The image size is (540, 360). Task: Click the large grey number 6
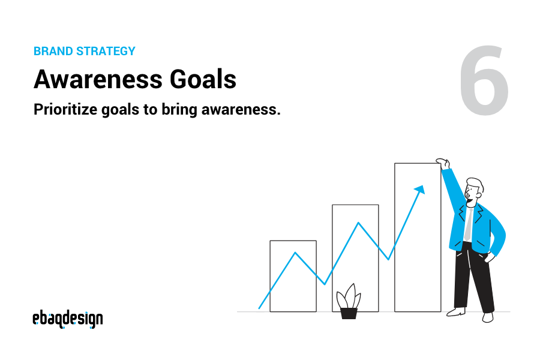485,82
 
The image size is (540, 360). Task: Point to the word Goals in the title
207,80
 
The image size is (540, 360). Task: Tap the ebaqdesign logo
67,319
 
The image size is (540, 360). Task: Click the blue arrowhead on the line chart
419,190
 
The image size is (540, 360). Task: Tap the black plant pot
349,313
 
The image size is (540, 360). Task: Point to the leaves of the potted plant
348,297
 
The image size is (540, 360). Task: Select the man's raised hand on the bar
443,163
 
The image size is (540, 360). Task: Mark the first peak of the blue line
295,253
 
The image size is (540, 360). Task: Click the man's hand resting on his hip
489,258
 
